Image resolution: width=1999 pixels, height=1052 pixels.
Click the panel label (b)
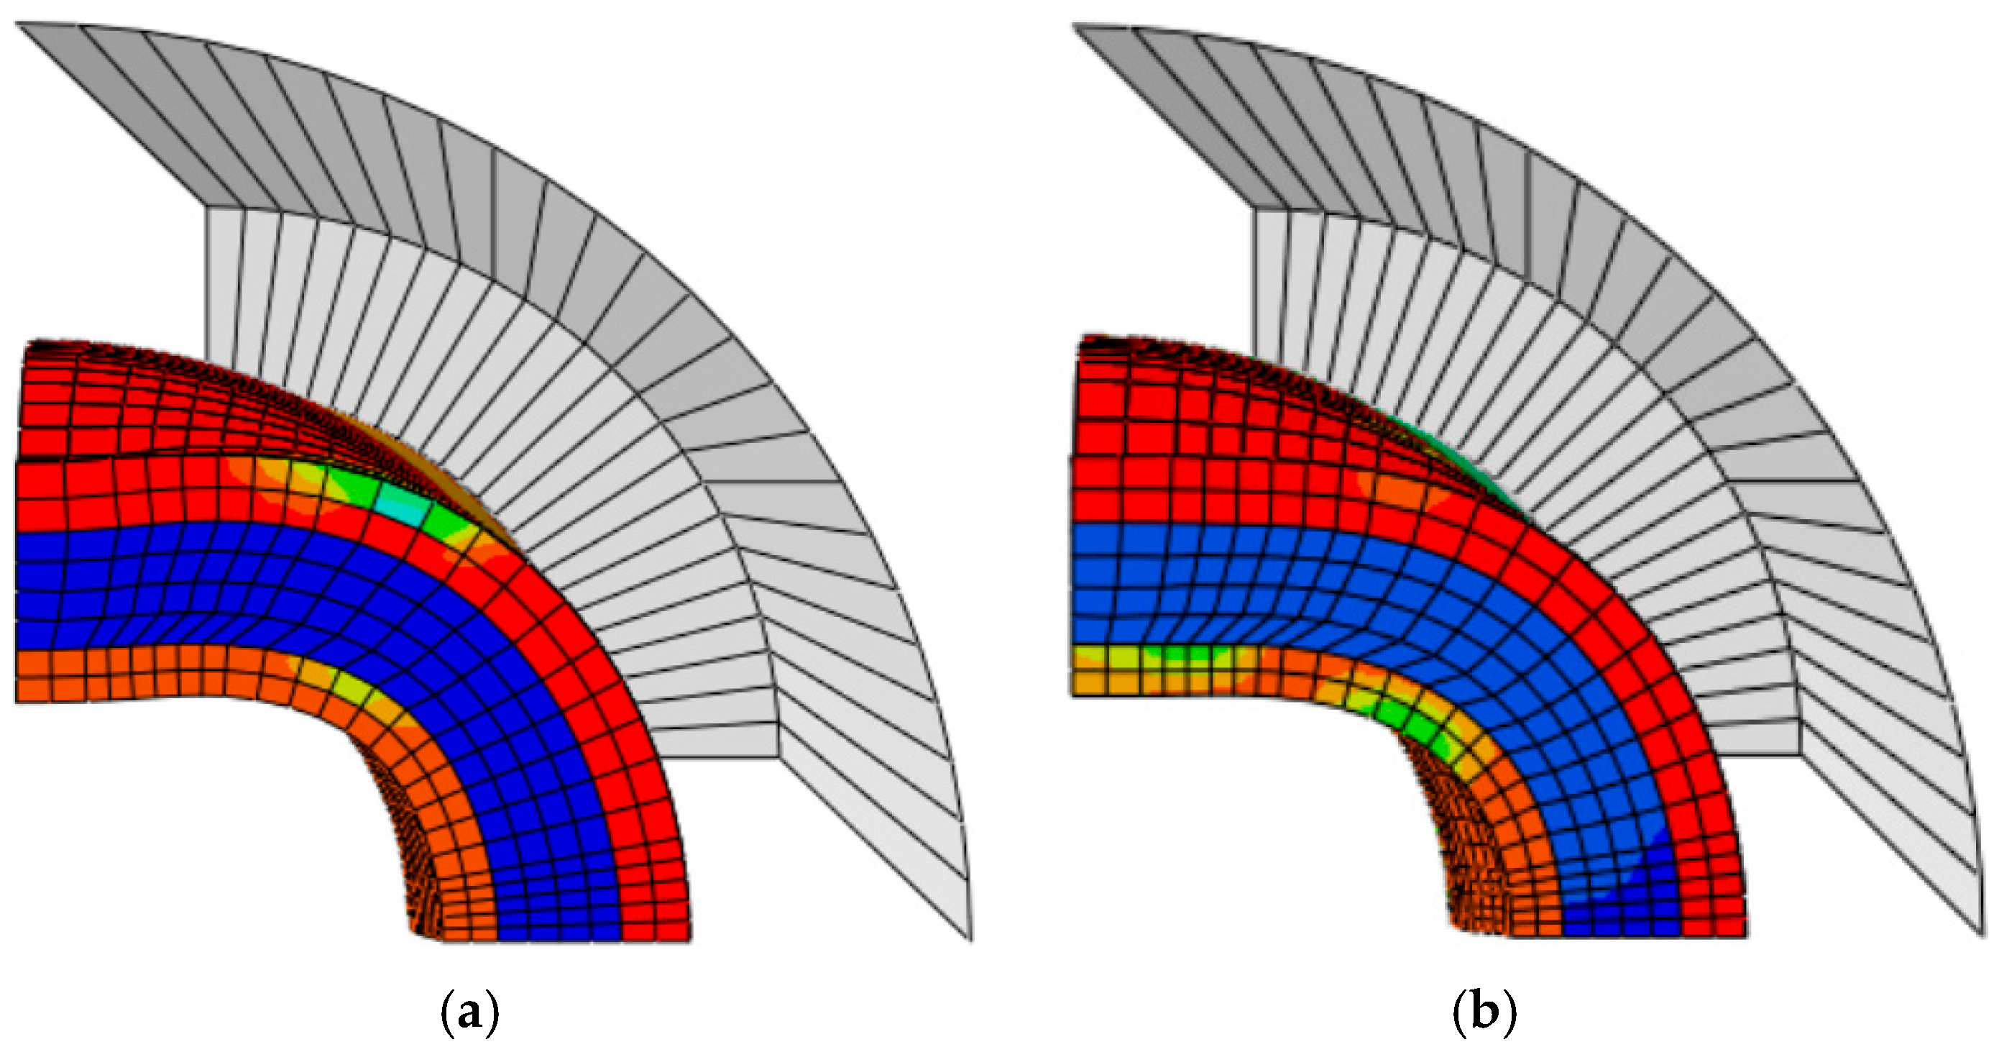(x=1484, y=1013)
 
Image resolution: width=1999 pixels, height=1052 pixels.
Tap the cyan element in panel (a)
(x=402, y=507)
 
